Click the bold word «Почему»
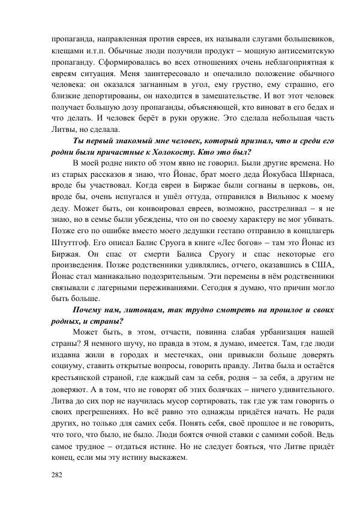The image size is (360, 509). pyautogui.click(x=92, y=310)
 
